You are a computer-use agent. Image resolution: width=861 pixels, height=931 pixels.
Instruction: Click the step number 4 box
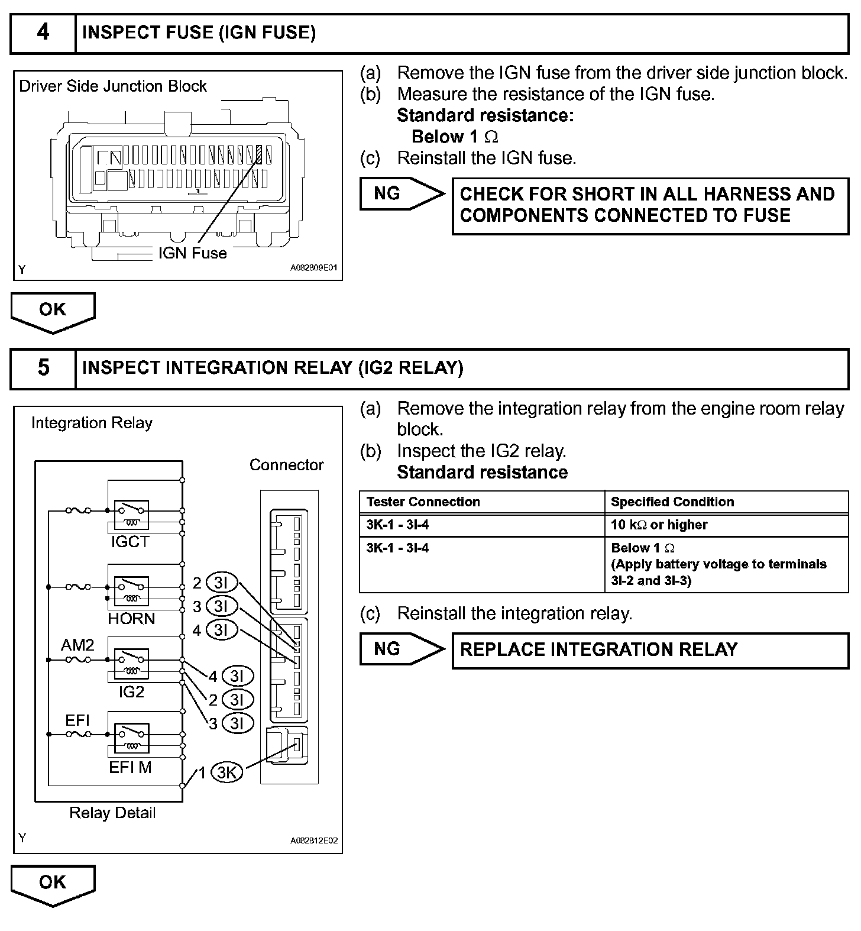[43, 32]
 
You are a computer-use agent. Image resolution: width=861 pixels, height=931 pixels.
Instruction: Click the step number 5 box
[43, 368]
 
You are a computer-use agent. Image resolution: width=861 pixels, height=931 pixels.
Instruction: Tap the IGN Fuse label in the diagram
[192, 254]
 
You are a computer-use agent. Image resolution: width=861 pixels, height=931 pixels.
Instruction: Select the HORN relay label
[131, 619]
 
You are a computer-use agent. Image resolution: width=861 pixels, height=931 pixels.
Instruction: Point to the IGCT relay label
[130, 542]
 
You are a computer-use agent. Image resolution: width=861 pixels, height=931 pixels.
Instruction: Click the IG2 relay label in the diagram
[131, 692]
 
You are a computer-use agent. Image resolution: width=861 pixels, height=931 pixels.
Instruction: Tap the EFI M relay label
[130, 768]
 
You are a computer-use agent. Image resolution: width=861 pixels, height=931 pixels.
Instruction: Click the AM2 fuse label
[77, 645]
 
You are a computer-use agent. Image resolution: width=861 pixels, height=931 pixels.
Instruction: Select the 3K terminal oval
[227, 772]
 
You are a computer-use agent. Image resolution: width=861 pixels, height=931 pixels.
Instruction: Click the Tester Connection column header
[423, 502]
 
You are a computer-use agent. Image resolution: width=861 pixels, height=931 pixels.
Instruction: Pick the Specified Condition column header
[672, 502]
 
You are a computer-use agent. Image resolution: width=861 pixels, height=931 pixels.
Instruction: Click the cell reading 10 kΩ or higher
[659, 525]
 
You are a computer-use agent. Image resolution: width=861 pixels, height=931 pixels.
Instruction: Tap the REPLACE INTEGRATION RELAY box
[650, 650]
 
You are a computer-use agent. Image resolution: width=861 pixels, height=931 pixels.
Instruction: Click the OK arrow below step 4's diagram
[53, 311]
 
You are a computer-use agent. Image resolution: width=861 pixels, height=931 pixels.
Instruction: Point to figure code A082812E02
[314, 841]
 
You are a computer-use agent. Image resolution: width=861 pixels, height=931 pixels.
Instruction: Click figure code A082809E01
[314, 268]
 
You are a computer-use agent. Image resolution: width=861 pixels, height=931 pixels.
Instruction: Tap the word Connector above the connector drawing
[286, 465]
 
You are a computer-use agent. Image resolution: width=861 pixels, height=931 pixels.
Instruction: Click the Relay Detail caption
[112, 813]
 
